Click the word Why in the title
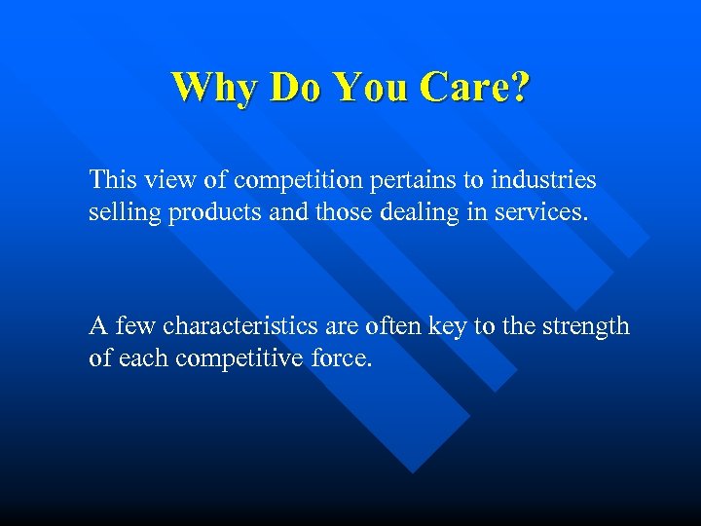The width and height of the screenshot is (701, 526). (214, 88)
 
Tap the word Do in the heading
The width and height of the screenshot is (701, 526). (295, 88)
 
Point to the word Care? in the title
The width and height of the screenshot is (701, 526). (475, 88)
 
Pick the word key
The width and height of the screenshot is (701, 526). (448, 326)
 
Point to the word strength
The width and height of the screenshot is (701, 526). (586, 326)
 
